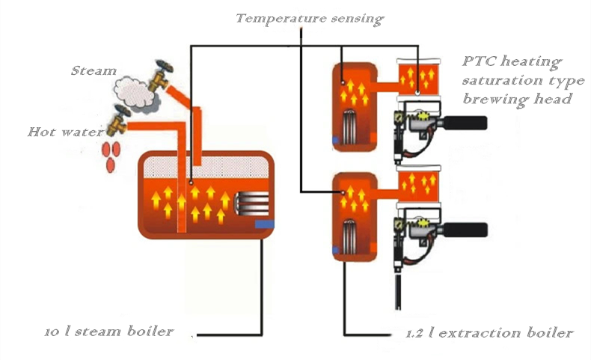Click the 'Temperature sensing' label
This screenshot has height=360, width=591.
[x=310, y=19]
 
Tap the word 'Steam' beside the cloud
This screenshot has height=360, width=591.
[x=94, y=70]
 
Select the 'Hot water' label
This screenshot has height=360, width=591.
[x=65, y=132]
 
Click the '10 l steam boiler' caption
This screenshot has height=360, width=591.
[x=109, y=331]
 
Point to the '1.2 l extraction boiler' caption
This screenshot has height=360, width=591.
[x=489, y=332]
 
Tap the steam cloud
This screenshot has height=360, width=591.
[x=135, y=93]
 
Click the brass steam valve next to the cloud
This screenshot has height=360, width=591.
[x=161, y=76]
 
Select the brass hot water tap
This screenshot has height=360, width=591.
[x=119, y=120]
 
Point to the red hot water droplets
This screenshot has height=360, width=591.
[x=111, y=156]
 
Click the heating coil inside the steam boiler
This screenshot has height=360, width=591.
[x=251, y=204]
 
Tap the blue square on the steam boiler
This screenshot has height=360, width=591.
[x=264, y=225]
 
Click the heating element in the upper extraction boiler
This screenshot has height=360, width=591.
[x=351, y=124]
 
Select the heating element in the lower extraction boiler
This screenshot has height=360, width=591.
[x=351, y=235]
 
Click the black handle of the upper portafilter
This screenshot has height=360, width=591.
[x=465, y=123]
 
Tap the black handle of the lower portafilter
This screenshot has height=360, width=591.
[x=465, y=230]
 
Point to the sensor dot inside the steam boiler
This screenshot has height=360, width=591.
[x=192, y=183]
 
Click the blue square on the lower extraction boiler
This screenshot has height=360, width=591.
[x=335, y=250]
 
